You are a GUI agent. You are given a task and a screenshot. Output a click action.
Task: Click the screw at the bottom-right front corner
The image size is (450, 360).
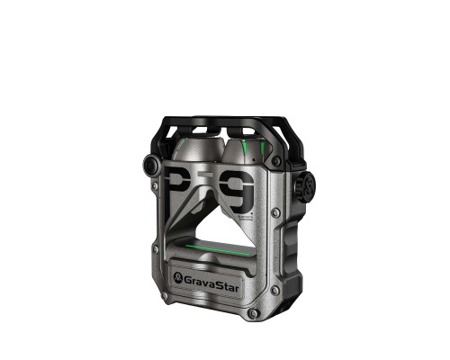(254, 312)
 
